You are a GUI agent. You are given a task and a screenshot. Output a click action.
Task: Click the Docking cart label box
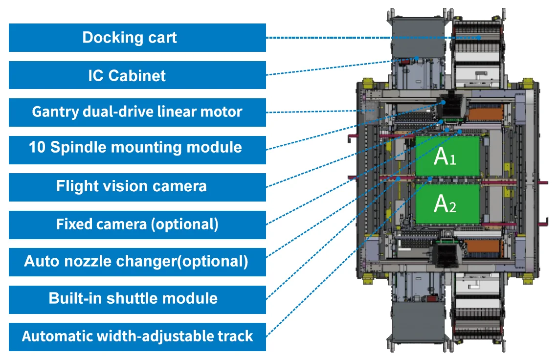click(137, 38)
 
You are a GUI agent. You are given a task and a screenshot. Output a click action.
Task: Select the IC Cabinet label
click(137, 75)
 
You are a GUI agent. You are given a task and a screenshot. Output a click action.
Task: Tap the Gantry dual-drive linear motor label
click(137, 112)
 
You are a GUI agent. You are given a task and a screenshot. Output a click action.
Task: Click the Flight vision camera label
click(137, 187)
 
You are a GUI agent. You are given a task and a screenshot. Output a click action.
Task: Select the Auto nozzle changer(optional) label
click(137, 262)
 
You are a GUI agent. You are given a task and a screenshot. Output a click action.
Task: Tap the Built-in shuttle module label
click(137, 299)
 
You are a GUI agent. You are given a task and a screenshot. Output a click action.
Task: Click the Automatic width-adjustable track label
click(137, 337)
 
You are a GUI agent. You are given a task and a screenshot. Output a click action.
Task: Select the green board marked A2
click(447, 203)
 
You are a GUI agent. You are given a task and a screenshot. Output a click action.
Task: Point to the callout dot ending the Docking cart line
click(479, 37)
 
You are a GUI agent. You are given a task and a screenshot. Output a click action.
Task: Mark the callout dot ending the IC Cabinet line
click(417, 58)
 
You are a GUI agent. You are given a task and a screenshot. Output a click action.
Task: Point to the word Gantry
click(55, 112)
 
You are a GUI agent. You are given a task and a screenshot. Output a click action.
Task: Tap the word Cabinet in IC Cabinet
click(137, 76)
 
